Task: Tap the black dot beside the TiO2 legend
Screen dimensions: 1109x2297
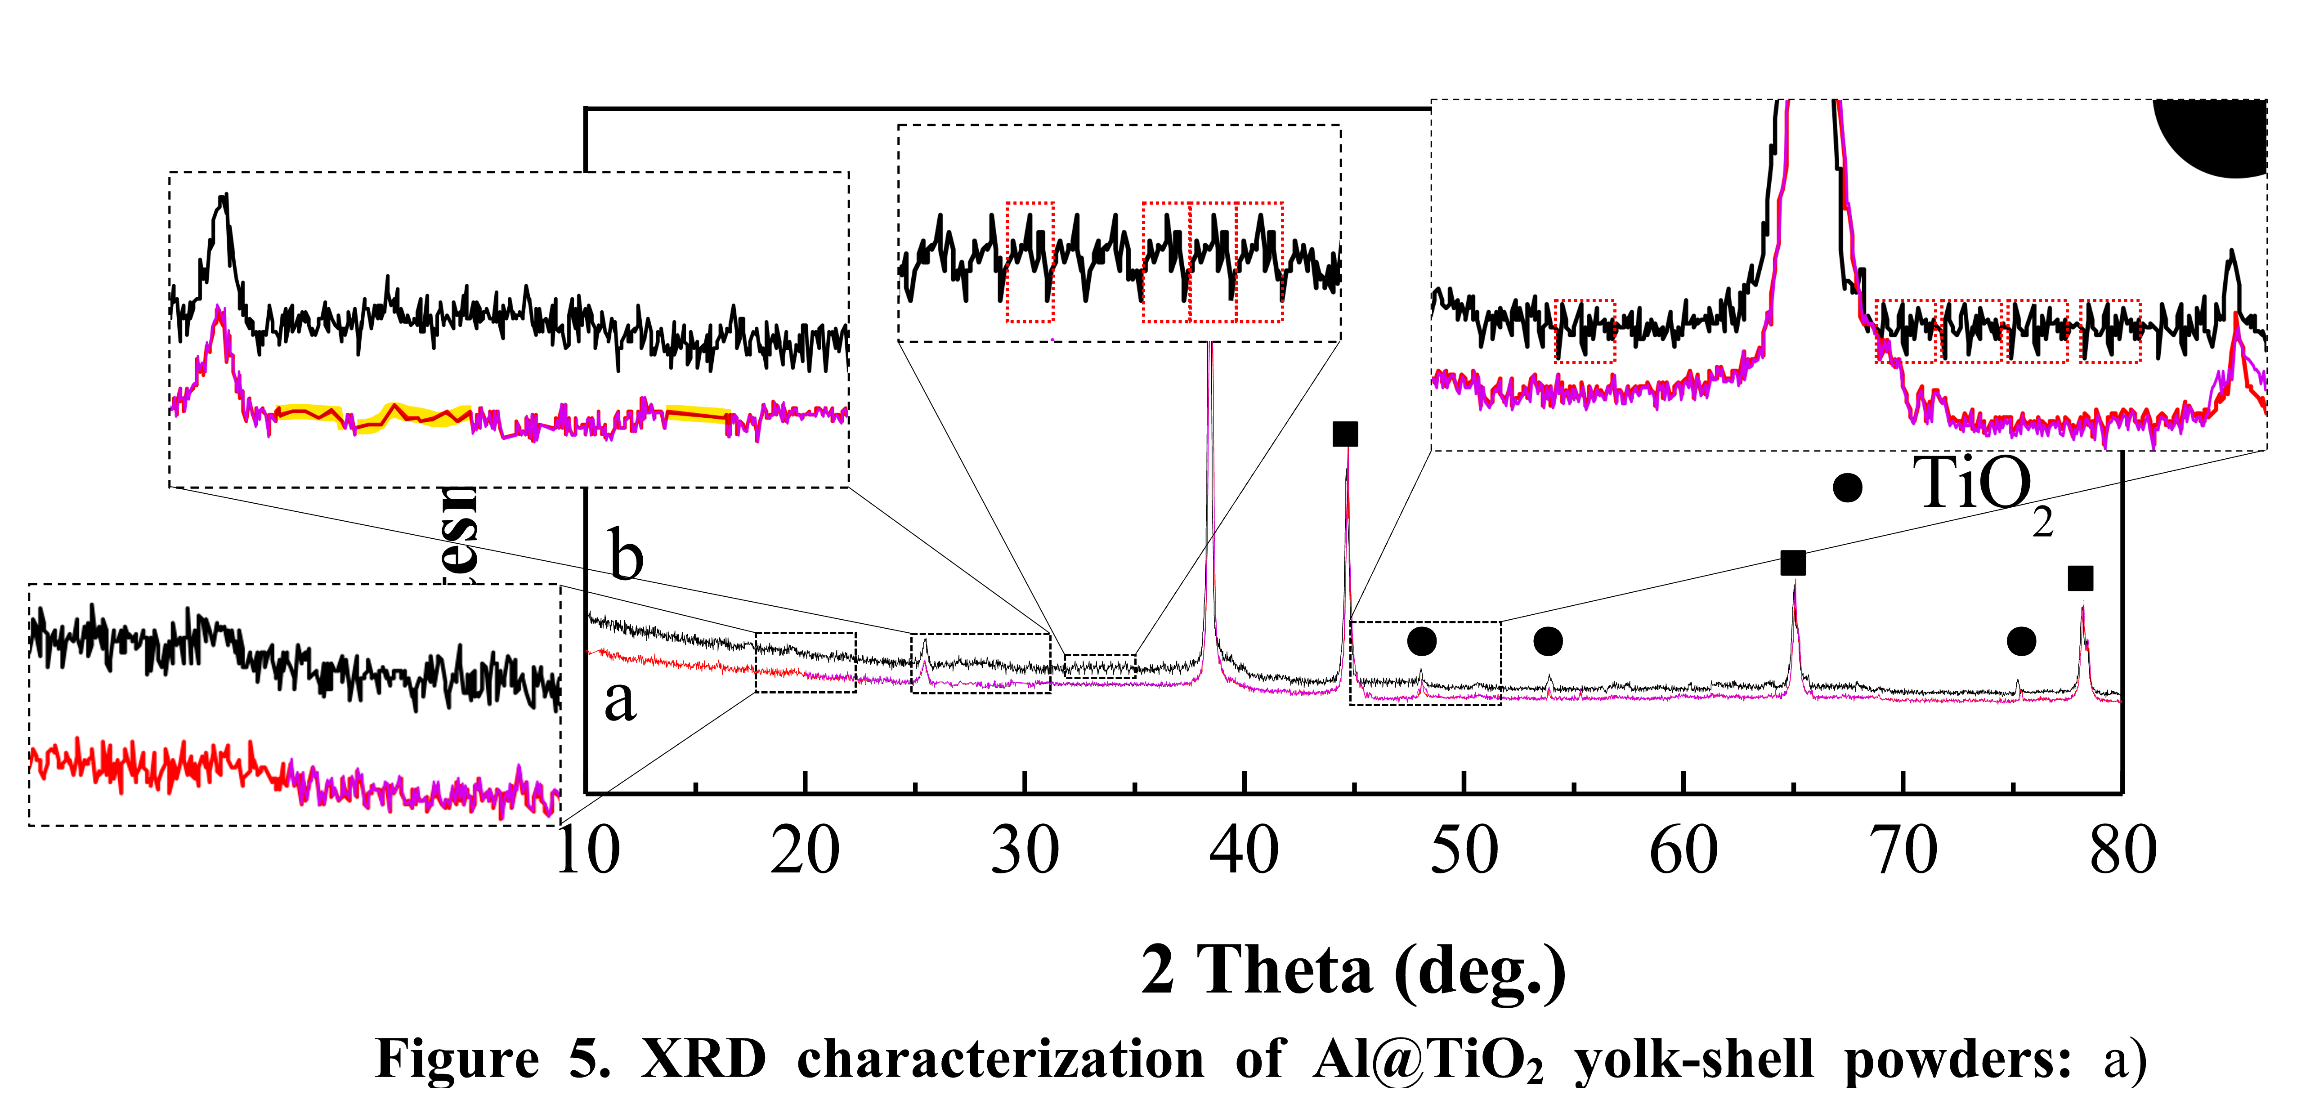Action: click(1848, 487)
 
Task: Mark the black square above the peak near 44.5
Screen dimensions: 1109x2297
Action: click(1345, 434)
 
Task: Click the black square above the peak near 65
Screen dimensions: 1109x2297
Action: click(1793, 563)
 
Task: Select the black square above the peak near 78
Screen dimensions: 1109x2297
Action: click(2080, 579)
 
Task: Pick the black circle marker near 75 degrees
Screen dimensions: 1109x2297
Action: click(2021, 641)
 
